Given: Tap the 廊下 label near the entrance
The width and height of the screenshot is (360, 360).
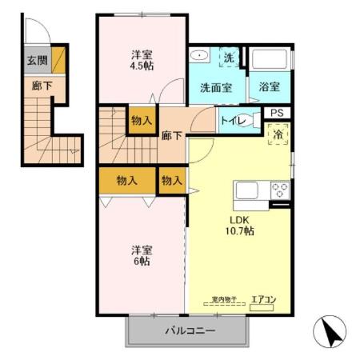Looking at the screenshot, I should click(37, 83).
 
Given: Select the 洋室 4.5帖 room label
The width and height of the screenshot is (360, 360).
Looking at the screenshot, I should click(143, 61).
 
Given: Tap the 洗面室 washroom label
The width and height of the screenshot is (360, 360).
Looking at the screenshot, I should click(217, 88).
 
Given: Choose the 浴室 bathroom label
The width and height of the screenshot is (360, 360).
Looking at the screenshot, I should click(270, 88).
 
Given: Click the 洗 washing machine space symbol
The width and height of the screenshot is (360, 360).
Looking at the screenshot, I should click(229, 58).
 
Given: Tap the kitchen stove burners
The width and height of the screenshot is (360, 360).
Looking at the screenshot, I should click(280, 191).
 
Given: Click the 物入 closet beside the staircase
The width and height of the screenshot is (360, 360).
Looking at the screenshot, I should click(142, 121).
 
